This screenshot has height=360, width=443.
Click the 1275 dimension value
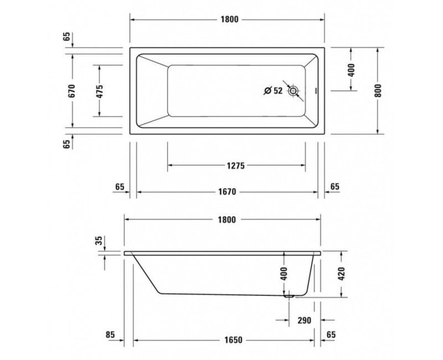[x=236, y=166]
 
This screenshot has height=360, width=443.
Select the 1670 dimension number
[x=228, y=192]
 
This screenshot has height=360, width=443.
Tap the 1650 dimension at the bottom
[x=228, y=338]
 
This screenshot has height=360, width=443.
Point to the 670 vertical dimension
[x=72, y=91]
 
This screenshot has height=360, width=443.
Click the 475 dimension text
[x=99, y=91]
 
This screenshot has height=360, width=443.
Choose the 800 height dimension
[x=378, y=91]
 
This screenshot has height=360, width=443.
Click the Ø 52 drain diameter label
[x=273, y=91]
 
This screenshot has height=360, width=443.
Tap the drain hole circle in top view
[x=293, y=91]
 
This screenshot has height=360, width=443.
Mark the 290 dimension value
[x=305, y=320]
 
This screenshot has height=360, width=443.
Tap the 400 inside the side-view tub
[x=284, y=274]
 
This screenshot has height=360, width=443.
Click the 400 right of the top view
[x=351, y=70]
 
